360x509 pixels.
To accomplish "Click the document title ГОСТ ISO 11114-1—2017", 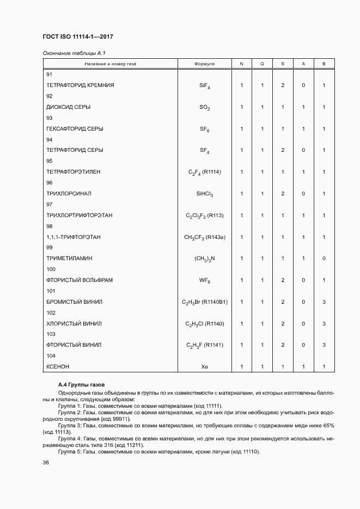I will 77,36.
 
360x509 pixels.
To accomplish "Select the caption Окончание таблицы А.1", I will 69,53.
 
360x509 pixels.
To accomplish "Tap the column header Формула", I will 204,64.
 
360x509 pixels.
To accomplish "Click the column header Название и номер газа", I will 110,64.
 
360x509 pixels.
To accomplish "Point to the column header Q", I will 262,64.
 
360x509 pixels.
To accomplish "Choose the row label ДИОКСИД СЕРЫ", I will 68,107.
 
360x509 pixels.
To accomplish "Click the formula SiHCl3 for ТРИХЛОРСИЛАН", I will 204,194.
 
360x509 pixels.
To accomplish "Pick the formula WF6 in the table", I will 204,280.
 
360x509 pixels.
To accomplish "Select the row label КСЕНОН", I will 58,366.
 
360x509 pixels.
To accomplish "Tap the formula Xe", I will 204,366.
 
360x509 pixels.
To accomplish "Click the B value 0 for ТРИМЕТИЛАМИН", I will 324,259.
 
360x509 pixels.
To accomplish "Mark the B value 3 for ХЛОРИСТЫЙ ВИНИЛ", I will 324,323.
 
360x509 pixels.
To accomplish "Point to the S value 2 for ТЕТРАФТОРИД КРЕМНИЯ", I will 283,85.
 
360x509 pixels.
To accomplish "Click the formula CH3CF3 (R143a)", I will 204,237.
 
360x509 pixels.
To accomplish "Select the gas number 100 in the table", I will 51,269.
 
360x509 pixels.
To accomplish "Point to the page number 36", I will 46,463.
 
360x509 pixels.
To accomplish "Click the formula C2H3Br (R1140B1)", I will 204,302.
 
